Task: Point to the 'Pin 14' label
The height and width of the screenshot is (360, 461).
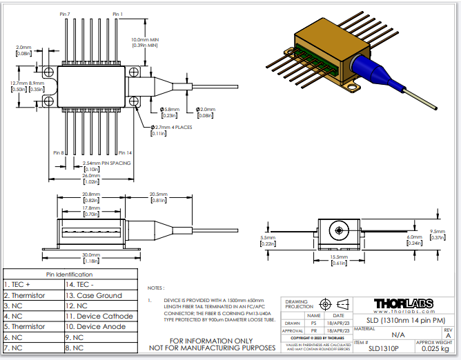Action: click(124, 152)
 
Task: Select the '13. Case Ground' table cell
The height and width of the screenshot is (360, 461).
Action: click(94, 294)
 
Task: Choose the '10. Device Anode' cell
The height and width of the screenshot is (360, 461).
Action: click(96, 326)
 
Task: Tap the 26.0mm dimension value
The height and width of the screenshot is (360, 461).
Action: click(89, 176)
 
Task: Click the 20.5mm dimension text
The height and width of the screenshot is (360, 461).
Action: click(159, 194)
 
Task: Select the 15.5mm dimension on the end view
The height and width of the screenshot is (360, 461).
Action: click(338, 257)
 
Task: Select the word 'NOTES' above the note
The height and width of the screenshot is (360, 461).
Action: click(155, 288)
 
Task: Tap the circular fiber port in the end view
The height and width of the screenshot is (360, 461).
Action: click(338, 229)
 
